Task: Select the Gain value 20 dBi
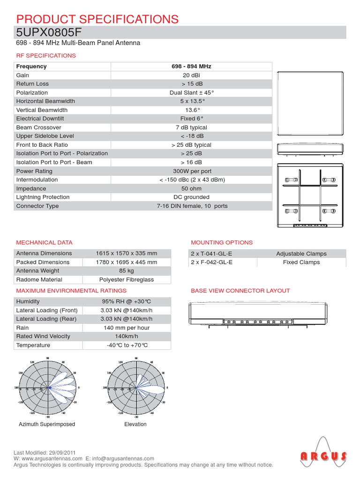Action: pyautogui.click(x=191, y=75)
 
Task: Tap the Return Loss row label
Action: pyautogui.click(x=32, y=84)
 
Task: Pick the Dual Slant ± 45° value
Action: pyautogui.click(x=191, y=93)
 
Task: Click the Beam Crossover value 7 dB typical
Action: pyautogui.click(x=191, y=127)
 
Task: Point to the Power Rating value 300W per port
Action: pyautogui.click(x=191, y=171)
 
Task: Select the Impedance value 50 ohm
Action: pyautogui.click(x=191, y=188)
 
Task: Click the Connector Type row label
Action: pyautogui.click(x=37, y=206)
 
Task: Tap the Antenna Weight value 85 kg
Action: pyautogui.click(x=127, y=271)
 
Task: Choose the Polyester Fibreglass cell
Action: pyautogui.click(x=127, y=280)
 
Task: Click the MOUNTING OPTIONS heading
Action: pyautogui.click(x=222, y=242)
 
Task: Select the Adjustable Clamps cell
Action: pyautogui.click(x=301, y=254)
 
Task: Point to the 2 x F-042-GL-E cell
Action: pyautogui.click(x=211, y=262)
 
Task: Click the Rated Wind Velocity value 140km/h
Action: pyautogui.click(x=127, y=337)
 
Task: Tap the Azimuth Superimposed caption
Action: pyautogui.click(x=47, y=424)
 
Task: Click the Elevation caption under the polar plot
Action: pyautogui.click(x=135, y=424)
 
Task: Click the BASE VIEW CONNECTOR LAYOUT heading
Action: pyautogui.click(x=240, y=291)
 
